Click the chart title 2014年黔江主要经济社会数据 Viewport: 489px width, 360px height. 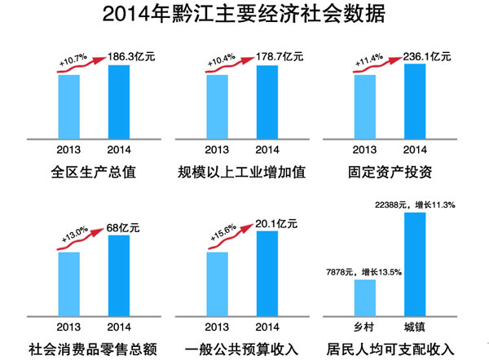point(244,15)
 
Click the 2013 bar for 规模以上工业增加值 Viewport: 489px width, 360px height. point(218,106)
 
